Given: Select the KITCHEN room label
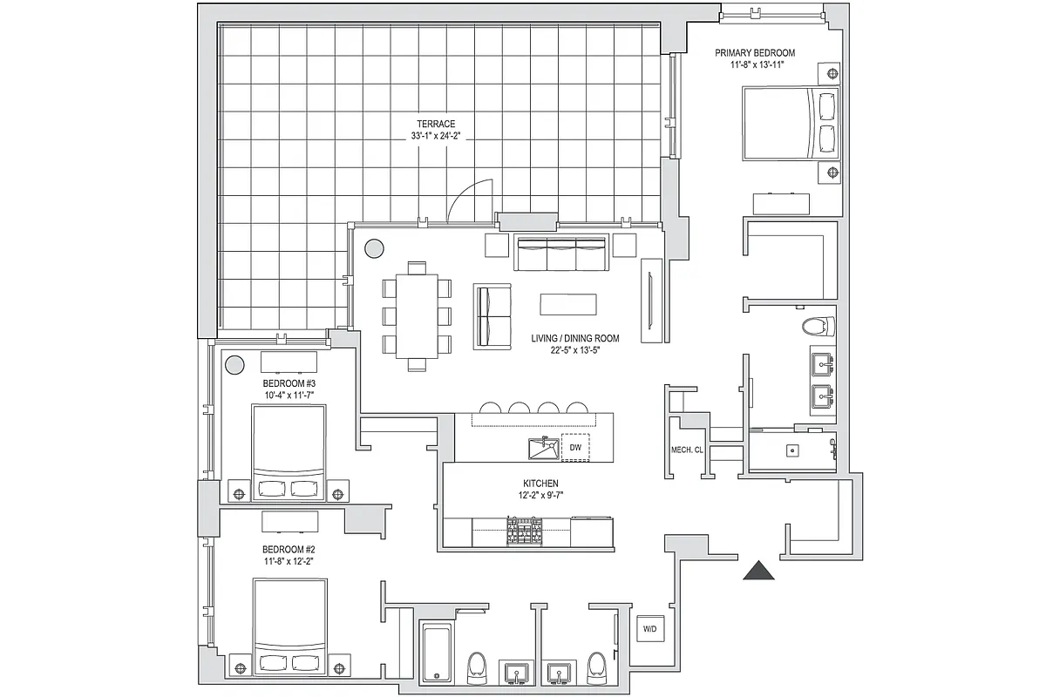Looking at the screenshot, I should pos(541,484).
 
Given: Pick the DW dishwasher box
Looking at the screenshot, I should pos(574,447).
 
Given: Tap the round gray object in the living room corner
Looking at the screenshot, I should pos(374,248).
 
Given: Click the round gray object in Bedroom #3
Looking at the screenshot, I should pos(235,365).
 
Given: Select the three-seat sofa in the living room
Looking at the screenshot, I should pos(561,254).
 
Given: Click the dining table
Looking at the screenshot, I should pos(417,314).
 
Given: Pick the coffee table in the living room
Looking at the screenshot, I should pos(570,304).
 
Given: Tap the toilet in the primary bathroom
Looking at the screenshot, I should pos(816,328).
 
